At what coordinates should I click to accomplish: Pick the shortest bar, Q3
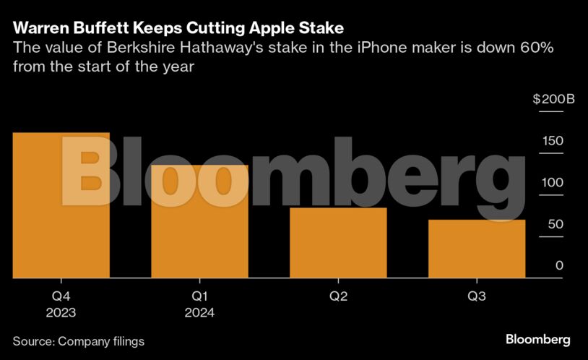pos(477,249)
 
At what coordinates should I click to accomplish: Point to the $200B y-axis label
pos(553,99)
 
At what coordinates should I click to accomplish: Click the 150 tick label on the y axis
pos(553,140)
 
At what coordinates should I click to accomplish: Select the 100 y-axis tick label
pos(553,182)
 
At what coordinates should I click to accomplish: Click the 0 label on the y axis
pos(559,265)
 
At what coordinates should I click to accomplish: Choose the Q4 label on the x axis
pos(61,296)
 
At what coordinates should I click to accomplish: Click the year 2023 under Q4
pos(61,313)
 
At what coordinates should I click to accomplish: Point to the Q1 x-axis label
pos(200,296)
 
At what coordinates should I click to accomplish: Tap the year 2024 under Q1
pos(200,313)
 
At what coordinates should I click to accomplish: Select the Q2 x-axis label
pos(338,296)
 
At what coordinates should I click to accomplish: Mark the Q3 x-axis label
pos(477,296)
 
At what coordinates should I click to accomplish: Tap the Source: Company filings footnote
pos(78,340)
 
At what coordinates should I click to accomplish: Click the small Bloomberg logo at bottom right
pos(538,339)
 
